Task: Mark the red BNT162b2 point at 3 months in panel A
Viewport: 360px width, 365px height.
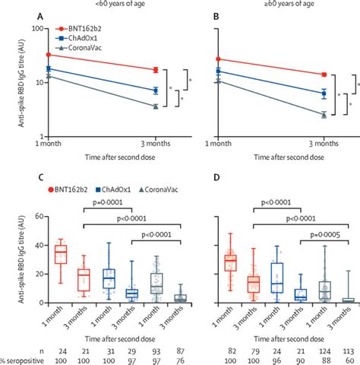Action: coord(156,70)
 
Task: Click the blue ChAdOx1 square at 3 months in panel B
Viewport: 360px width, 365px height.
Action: coord(324,94)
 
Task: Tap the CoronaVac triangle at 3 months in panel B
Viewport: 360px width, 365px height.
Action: coord(324,115)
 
